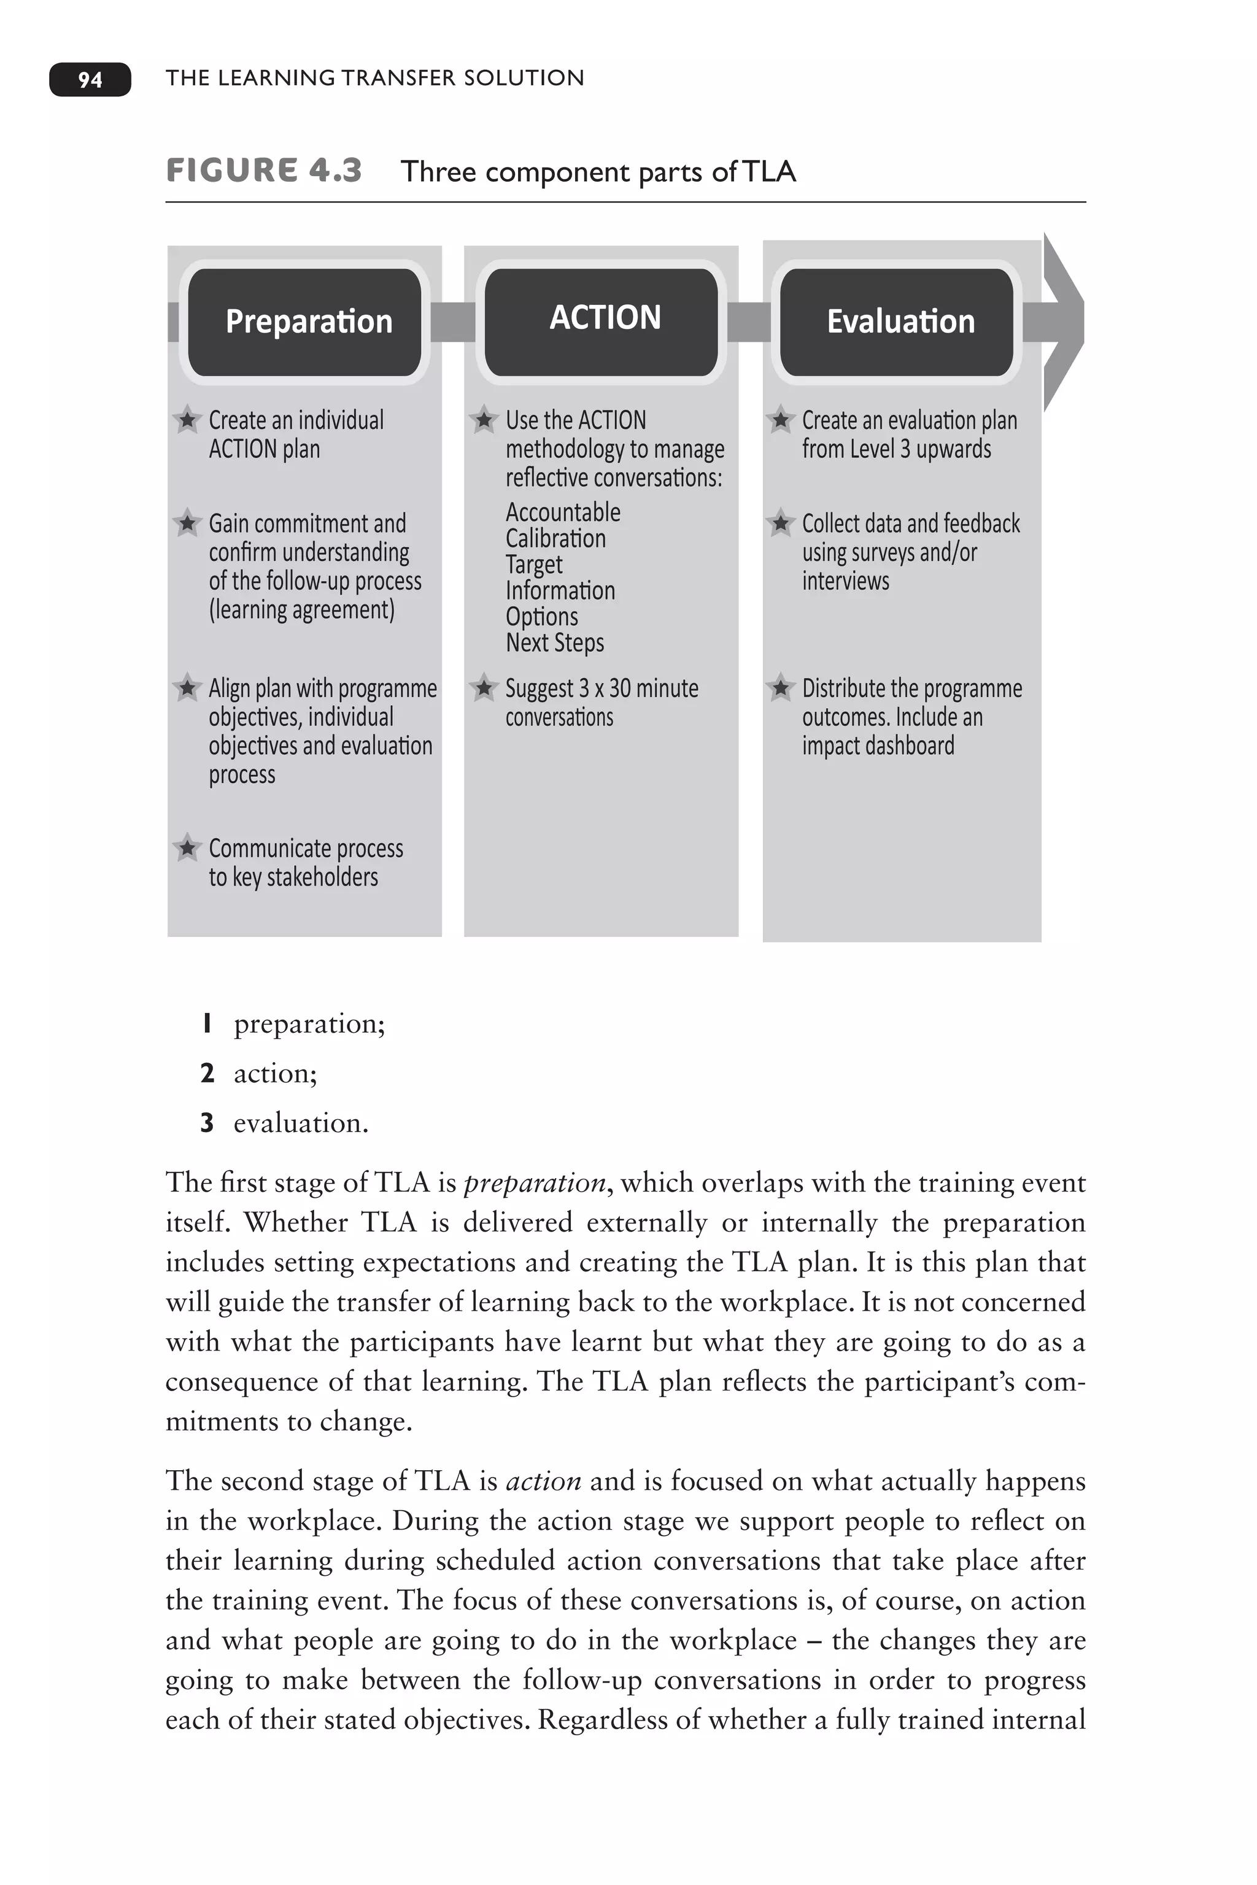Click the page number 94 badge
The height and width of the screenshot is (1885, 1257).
[90, 79]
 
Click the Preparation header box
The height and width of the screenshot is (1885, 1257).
[304, 322]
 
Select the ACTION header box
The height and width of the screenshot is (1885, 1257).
[601, 319]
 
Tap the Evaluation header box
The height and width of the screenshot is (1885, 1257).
[897, 322]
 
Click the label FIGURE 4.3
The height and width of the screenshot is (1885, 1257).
[264, 171]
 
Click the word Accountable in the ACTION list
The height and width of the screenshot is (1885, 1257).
[563, 512]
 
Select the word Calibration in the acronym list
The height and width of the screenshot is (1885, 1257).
[555, 539]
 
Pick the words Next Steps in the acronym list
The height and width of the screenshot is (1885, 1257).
[555, 643]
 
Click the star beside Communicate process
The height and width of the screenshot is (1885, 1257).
[187, 847]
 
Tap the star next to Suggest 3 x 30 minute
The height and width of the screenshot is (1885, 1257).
[484, 688]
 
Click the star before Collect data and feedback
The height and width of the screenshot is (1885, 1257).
[780, 523]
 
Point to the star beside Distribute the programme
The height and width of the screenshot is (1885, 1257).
[780, 688]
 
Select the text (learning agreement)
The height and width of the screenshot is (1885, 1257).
[301, 610]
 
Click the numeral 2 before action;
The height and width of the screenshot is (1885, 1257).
[207, 1073]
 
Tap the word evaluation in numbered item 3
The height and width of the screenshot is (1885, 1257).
[301, 1123]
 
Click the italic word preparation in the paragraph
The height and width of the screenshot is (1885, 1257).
[535, 1183]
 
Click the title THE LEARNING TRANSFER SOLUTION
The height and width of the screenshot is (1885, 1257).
[374, 78]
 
